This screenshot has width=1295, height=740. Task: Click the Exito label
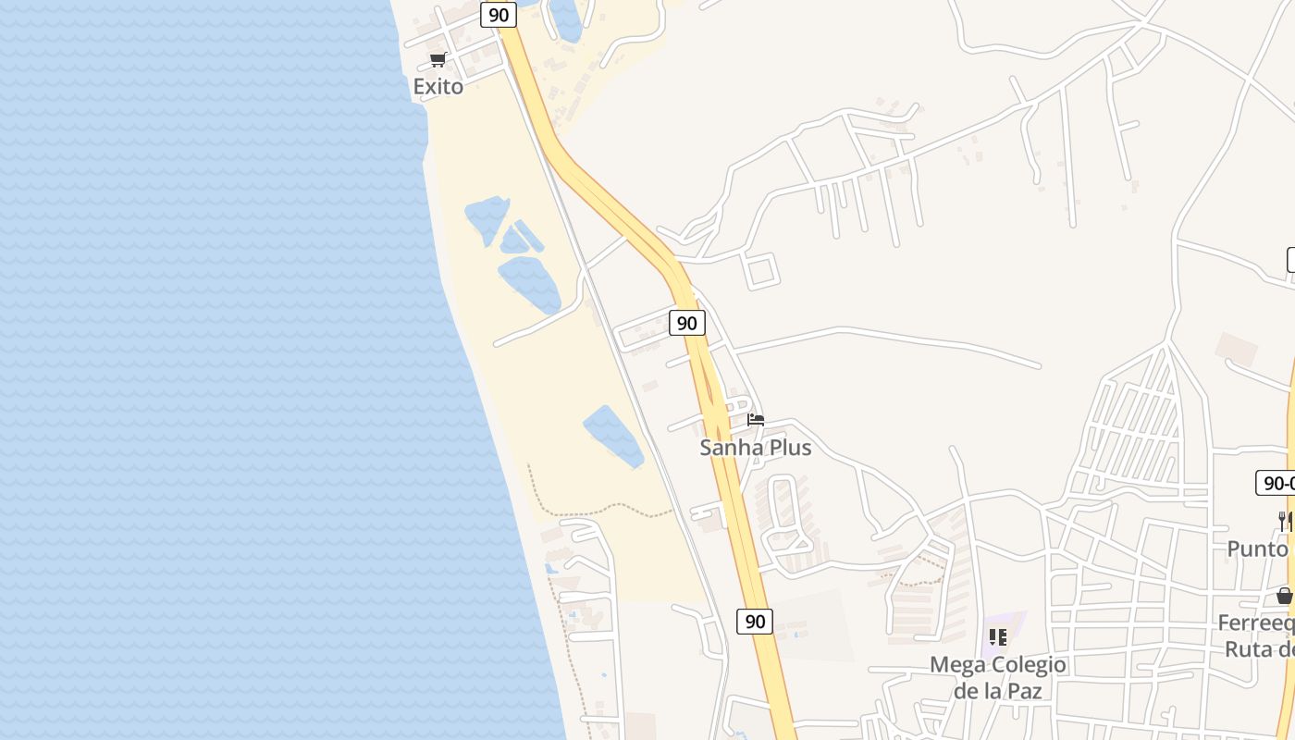[438, 86]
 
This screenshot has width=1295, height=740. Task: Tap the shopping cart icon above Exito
[438, 60]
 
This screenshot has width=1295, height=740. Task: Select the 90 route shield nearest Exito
[499, 15]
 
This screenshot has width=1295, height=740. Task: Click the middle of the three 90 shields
[686, 323]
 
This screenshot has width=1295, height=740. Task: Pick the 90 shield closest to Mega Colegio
[755, 622]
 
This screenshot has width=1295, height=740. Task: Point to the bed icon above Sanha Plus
[756, 420]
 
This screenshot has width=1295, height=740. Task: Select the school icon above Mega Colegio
[997, 637]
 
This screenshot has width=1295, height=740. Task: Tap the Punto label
[1258, 549]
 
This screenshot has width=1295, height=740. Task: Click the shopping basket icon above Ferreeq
[1284, 596]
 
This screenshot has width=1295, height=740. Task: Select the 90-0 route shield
[1276, 483]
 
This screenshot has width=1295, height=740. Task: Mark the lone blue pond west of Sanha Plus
[613, 436]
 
